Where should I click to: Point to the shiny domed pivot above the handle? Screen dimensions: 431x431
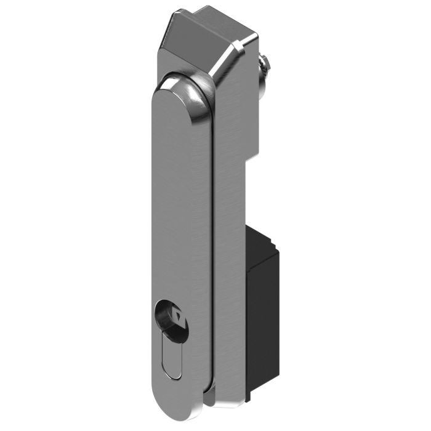(x=191, y=86)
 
